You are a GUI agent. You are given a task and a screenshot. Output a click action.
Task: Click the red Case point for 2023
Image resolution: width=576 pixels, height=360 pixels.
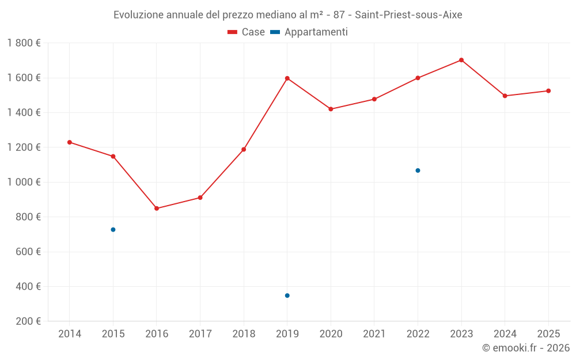click(461, 60)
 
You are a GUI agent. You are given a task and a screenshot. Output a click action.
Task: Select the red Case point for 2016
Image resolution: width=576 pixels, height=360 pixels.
click(157, 209)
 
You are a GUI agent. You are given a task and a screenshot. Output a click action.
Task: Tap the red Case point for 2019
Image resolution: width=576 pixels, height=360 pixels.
click(287, 78)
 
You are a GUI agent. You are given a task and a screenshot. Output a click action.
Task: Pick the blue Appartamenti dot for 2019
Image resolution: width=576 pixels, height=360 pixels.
click(287, 295)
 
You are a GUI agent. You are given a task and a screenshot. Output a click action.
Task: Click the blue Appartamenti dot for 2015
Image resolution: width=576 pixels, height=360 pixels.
click(113, 230)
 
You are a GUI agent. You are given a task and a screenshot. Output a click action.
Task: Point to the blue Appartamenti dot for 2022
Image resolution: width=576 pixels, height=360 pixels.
click(418, 170)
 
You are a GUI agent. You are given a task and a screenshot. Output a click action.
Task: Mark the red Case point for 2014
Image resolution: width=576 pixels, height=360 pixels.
click(70, 142)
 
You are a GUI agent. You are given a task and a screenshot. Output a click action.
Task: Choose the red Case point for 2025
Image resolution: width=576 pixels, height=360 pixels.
click(548, 91)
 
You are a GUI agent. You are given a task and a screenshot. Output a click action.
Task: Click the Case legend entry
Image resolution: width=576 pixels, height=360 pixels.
click(246, 32)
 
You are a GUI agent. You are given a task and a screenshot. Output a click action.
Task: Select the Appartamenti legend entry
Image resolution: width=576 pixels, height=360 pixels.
click(309, 32)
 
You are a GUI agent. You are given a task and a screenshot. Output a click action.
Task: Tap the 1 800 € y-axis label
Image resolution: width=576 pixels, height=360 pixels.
click(24, 43)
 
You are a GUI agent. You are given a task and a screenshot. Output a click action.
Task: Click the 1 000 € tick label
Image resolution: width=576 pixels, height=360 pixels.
click(24, 182)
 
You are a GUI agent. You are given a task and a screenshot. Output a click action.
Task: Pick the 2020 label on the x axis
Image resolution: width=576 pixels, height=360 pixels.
click(331, 334)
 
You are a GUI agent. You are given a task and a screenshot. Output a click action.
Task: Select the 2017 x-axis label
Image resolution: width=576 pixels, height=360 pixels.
click(200, 334)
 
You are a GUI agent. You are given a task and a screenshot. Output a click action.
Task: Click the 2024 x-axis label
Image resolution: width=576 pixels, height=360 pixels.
click(505, 334)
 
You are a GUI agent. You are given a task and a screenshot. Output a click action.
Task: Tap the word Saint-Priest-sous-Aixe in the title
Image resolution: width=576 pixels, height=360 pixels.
click(408, 15)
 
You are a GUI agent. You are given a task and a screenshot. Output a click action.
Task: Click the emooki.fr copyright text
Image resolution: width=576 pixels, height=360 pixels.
click(525, 348)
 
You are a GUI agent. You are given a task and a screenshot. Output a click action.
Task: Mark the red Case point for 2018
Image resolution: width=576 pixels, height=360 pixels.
click(244, 150)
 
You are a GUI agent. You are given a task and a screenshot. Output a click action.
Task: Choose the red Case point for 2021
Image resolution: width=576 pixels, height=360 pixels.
click(374, 99)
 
